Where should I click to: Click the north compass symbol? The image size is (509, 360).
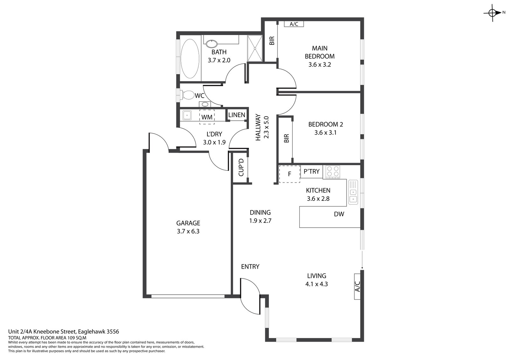493,13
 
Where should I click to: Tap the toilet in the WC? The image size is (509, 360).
187,95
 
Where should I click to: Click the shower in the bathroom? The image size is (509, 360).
255,48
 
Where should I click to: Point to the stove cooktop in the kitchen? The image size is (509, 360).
333,172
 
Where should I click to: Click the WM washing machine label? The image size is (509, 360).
207,117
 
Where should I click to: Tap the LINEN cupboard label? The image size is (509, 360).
237,115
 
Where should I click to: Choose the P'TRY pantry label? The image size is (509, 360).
311,171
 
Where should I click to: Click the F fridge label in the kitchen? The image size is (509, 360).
289,174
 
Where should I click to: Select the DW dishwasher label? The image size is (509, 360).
339,214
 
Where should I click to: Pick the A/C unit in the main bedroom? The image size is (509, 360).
294,24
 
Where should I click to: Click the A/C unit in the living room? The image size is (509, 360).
358,286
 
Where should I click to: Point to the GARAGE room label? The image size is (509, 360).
188,223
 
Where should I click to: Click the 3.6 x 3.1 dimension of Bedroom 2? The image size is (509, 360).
325,133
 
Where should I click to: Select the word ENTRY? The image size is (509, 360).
250,266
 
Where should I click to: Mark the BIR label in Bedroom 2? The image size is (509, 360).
287,138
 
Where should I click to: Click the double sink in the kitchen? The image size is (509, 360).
353,192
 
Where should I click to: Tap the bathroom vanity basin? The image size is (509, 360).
212,43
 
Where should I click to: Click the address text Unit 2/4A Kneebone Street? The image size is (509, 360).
43,332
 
